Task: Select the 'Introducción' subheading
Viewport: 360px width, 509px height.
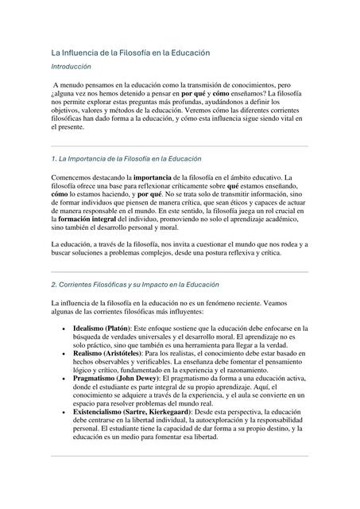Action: coord(71,67)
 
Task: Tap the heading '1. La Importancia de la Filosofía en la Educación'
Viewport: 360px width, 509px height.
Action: coord(126,159)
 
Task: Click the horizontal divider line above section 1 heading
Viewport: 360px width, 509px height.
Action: coord(180,146)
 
